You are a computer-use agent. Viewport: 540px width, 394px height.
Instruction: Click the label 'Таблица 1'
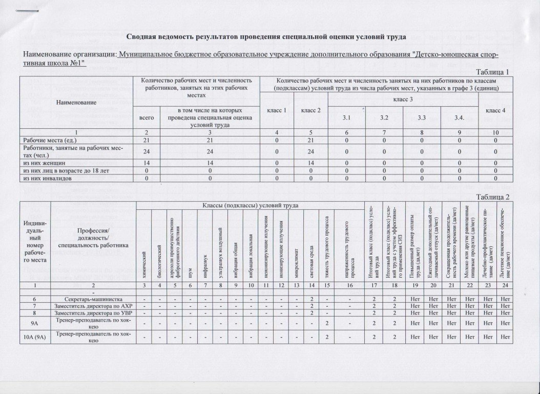[x=493, y=71]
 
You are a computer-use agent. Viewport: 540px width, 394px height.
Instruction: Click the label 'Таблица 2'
[x=493, y=197]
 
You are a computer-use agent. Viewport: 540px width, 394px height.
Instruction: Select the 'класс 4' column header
[x=495, y=110]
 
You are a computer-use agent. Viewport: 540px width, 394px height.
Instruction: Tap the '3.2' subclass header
[x=384, y=119]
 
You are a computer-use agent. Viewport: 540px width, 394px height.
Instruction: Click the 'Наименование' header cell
[x=75, y=102]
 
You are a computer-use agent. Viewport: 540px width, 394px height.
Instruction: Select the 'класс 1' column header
[x=277, y=110]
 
